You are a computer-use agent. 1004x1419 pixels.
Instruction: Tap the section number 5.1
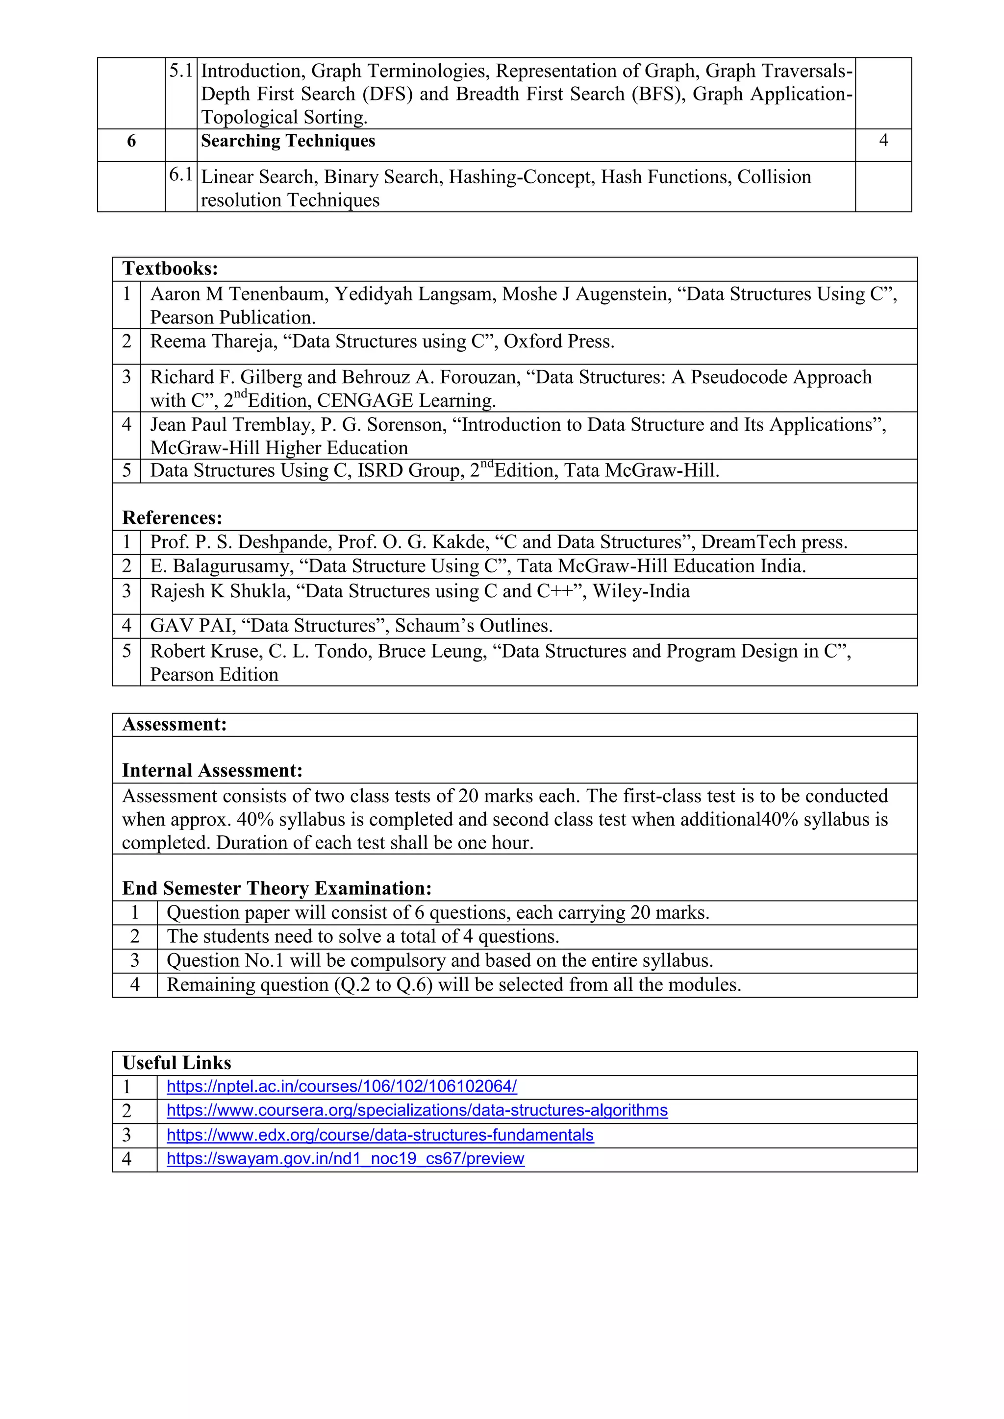(180, 71)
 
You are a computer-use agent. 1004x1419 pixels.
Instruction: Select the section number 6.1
(180, 175)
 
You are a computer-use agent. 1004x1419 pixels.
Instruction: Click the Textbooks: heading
(170, 269)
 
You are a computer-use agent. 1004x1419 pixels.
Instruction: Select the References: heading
(172, 517)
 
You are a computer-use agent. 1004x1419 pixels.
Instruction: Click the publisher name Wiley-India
(641, 591)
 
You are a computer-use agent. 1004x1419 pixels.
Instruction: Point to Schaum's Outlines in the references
(473, 625)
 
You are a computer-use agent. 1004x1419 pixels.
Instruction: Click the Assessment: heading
(175, 724)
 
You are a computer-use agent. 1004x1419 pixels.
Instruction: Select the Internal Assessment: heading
(212, 771)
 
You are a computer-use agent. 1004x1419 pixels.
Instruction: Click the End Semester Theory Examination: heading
(276, 888)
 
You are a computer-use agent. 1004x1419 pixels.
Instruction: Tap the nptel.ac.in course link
(341, 1086)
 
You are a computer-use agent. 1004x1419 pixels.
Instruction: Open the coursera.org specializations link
(417, 1111)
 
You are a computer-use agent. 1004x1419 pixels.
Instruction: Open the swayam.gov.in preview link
(345, 1159)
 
